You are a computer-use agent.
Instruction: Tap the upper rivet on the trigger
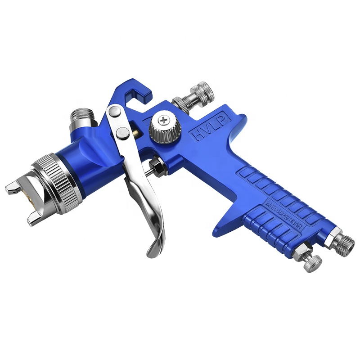pyautogui.click(x=114, y=111)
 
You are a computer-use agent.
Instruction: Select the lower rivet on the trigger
pyautogui.click(x=121, y=132)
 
